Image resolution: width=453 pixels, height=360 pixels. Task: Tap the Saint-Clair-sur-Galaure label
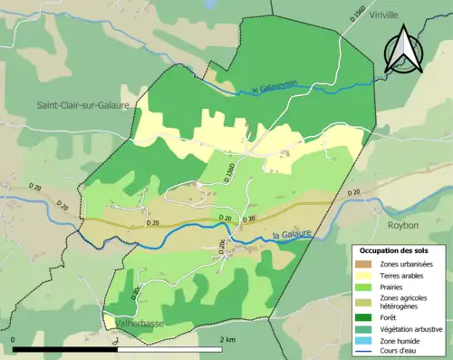click(82, 105)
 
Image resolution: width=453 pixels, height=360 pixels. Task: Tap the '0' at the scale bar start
click(14, 339)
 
